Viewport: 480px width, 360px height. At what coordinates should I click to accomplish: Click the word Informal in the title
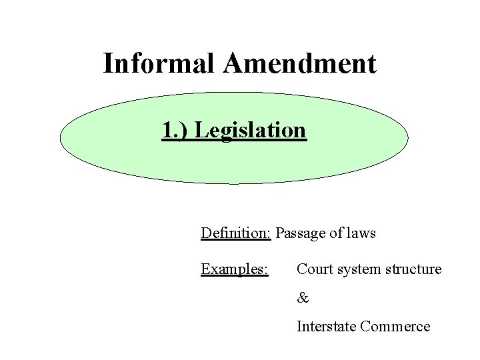162,64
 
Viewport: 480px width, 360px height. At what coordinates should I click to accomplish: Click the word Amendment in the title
301,64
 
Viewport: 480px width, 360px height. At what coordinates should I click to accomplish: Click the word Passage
299,233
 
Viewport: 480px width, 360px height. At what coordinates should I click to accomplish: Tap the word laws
360,233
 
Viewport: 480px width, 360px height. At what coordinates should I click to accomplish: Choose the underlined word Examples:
235,269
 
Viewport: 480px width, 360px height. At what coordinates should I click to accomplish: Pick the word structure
416,269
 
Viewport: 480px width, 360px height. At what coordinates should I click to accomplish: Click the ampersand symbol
303,298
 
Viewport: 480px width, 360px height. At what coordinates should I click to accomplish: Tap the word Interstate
326,327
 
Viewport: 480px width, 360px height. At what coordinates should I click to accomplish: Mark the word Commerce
395,327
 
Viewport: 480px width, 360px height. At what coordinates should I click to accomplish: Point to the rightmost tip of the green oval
407,139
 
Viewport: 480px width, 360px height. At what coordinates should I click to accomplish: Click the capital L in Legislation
199,130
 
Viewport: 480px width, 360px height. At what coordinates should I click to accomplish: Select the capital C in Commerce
365,327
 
